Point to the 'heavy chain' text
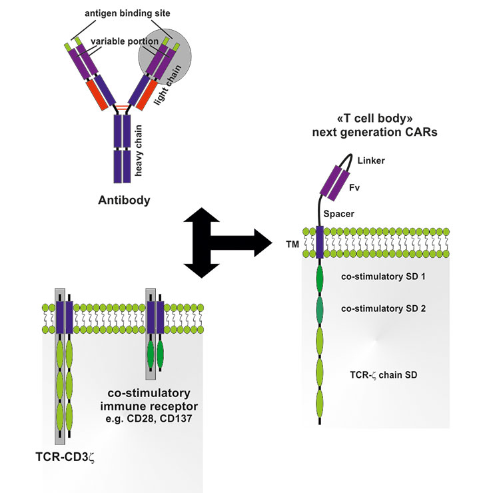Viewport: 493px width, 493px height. pos(139,153)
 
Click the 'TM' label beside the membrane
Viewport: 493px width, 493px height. pos(292,245)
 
